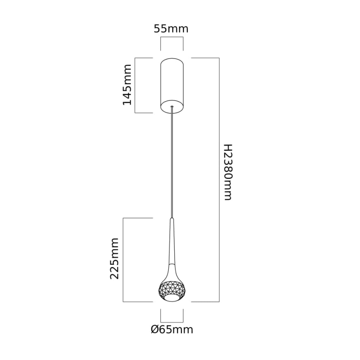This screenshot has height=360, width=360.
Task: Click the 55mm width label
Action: [171, 29]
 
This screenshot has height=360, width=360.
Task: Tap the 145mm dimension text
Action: [127, 84]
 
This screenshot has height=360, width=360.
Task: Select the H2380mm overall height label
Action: [228, 172]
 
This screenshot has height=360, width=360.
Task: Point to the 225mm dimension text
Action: [115, 258]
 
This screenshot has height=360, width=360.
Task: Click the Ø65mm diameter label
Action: [172, 330]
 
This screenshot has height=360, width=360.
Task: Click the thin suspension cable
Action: [172, 166]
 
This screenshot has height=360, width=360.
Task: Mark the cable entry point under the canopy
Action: [172, 107]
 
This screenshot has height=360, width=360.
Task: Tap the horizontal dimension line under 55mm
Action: [172, 38]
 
